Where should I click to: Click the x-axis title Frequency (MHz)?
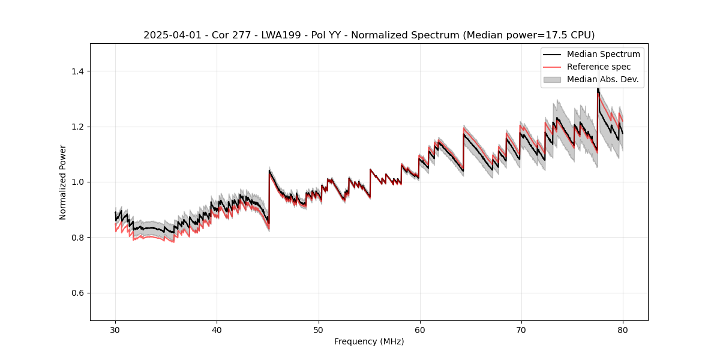369,341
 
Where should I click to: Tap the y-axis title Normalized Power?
62,182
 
